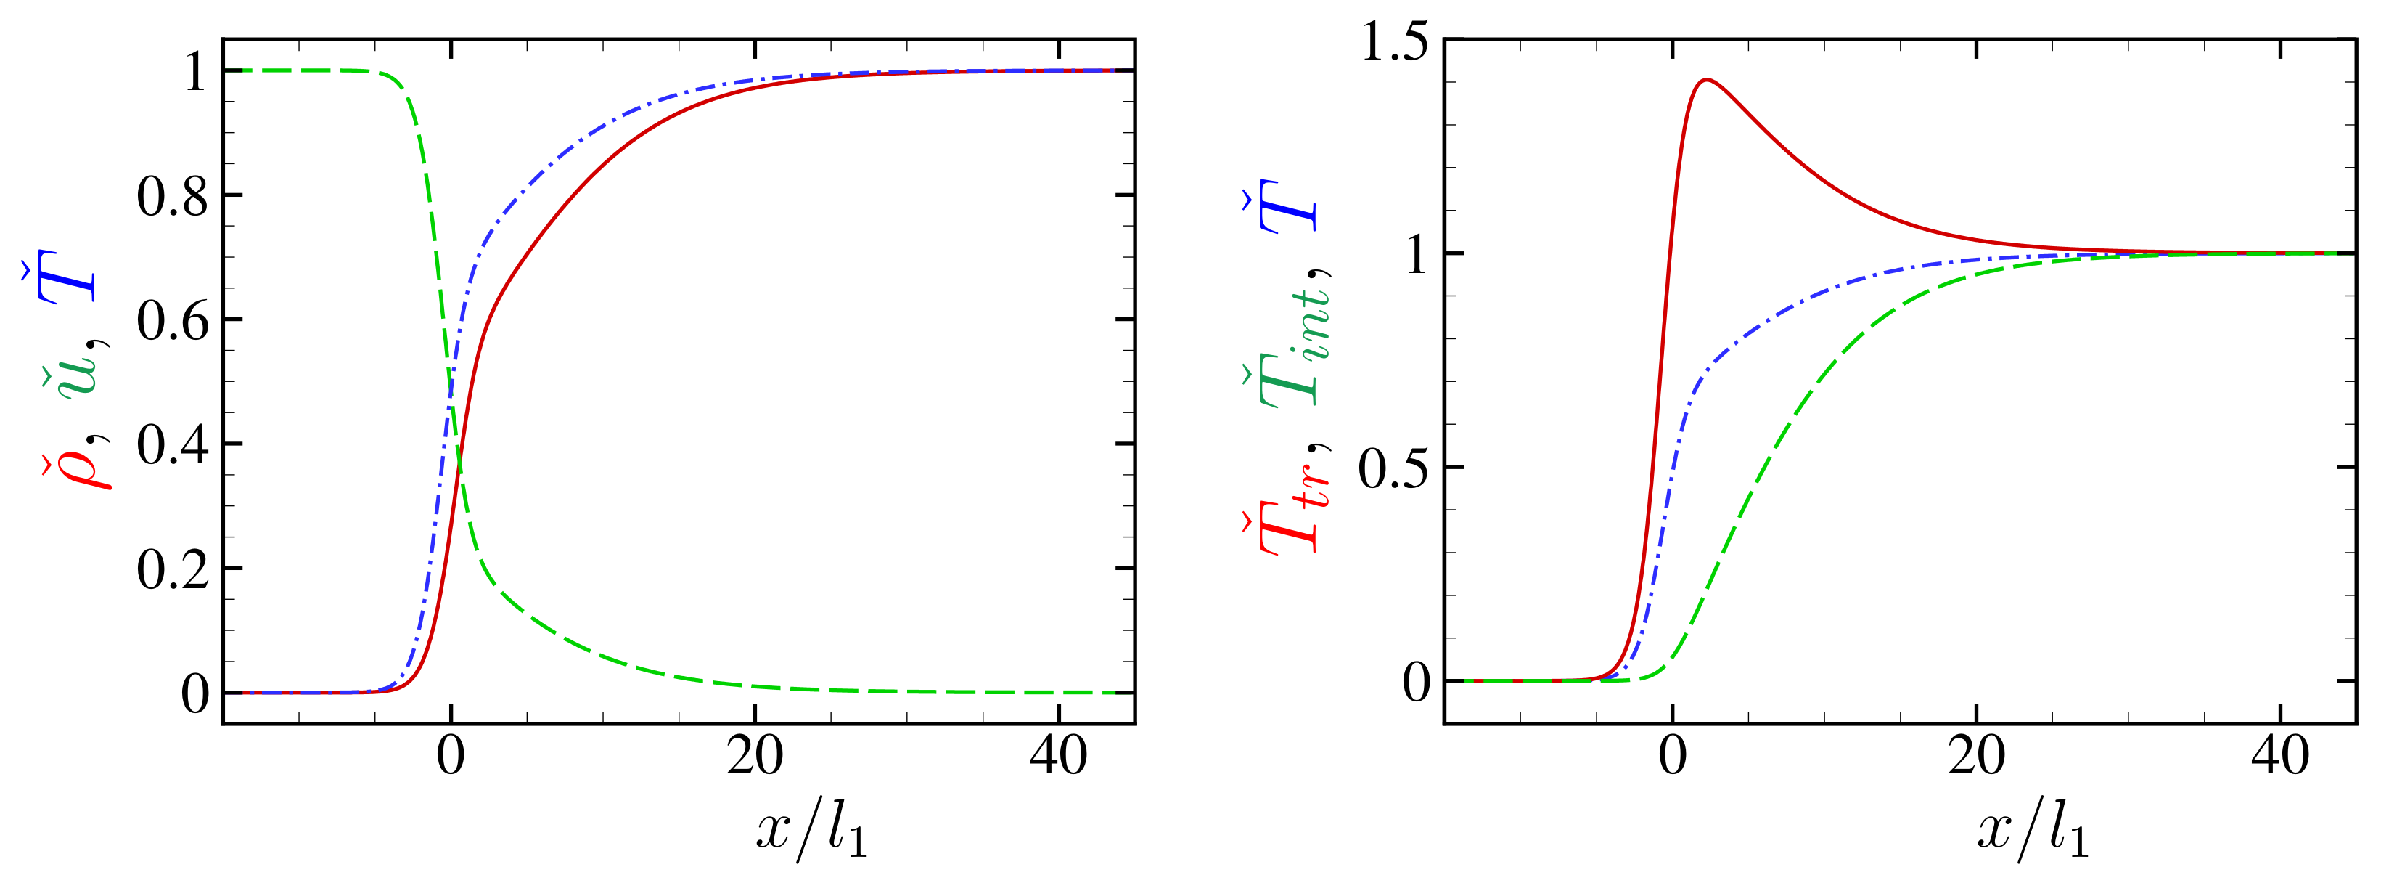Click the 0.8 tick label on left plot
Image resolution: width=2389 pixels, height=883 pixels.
click(173, 197)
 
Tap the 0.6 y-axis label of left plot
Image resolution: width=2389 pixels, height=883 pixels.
click(173, 321)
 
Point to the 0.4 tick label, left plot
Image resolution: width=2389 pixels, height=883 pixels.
click(173, 445)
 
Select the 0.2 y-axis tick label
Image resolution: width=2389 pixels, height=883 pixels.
click(173, 569)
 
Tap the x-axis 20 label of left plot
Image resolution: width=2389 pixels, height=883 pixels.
click(754, 757)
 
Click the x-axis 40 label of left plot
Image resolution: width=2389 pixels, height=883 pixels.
click(1058, 757)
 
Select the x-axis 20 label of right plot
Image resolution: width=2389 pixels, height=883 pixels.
click(1976, 757)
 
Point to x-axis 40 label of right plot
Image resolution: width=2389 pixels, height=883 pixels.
click(2279, 757)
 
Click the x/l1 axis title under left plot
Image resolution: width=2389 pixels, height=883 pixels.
click(811, 829)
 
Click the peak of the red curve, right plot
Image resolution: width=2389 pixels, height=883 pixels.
click(1705, 80)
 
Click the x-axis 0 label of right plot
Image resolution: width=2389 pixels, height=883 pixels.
click(1672, 757)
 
